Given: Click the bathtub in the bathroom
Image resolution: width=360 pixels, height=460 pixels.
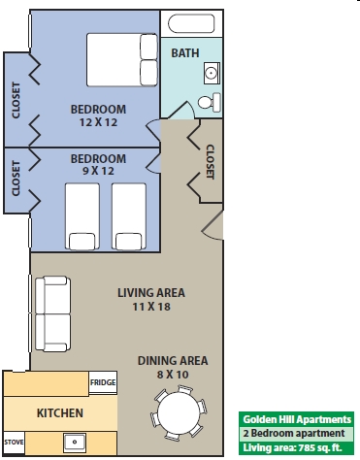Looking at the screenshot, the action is click(x=191, y=23).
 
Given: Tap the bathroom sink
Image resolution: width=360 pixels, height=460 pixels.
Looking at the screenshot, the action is click(x=212, y=73).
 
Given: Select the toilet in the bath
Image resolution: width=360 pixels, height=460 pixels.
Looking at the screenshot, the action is click(x=210, y=102).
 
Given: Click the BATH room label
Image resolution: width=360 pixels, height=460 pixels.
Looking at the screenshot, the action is click(x=185, y=53).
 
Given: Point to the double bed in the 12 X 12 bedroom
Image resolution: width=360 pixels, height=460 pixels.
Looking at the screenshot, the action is click(x=122, y=60).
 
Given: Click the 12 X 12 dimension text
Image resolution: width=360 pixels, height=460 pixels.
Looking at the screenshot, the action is click(x=98, y=122).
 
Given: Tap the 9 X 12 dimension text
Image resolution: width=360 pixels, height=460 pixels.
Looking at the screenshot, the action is click(x=98, y=171).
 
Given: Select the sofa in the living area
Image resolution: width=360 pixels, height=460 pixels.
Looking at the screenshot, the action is click(x=53, y=313).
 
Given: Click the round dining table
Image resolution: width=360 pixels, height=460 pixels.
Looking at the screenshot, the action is click(x=179, y=412).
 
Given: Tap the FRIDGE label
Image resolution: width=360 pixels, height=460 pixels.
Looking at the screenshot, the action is click(x=103, y=382).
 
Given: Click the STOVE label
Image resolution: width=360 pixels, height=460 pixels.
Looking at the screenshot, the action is click(x=14, y=442).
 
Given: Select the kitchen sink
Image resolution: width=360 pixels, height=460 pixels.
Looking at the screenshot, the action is click(x=75, y=443).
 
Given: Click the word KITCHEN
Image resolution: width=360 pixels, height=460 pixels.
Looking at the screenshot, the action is click(x=60, y=413).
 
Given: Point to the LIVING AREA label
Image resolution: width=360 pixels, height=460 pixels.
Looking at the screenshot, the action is click(x=151, y=293).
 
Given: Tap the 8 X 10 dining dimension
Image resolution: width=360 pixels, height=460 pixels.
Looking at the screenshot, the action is click(x=173, y=375).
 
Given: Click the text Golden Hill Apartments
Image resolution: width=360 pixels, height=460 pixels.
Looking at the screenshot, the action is click(x=297, y=419).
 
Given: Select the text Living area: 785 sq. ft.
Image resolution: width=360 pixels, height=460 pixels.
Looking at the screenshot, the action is click(x=292, y=447).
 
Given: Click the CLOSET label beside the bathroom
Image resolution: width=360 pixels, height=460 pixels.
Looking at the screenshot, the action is click(x=211, y=162).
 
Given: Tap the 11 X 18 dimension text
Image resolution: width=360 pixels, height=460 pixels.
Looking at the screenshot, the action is click(x=151, y=307).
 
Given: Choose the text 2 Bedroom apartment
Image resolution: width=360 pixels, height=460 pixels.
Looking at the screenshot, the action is click(x=294, y=433).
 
